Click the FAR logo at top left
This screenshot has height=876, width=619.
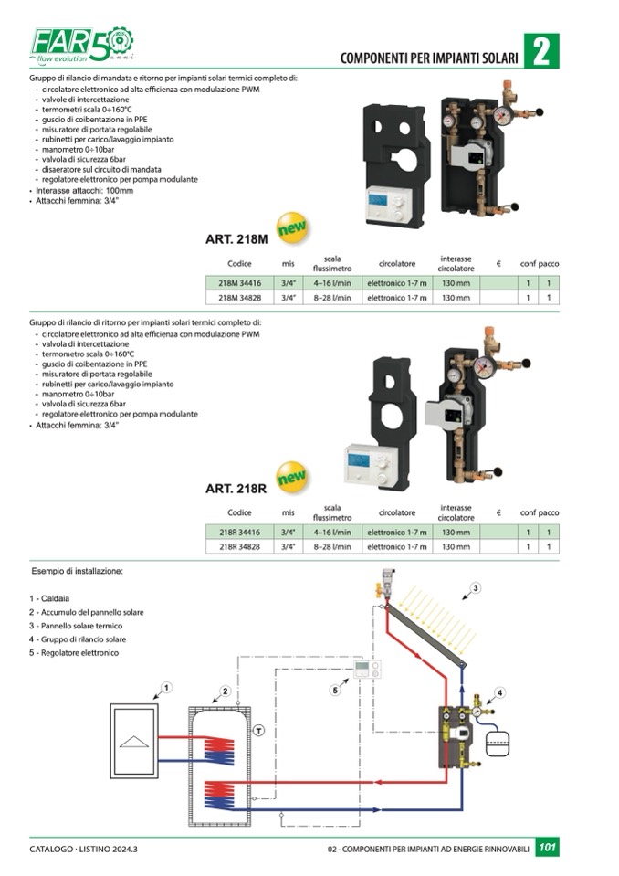click(81, 44)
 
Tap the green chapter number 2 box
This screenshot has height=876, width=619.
click(540, 51)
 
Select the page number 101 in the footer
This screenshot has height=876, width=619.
click(547, 847)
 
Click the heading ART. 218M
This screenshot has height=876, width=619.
click(236, 239)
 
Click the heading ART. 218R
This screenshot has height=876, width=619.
click(236, 489)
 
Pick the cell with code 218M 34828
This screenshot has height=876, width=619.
click(239, 298)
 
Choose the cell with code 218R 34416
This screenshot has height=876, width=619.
click(239, 533)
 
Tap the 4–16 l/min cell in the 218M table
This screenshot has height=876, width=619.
click(332, 283)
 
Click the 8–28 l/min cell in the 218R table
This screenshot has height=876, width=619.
click(332, 547)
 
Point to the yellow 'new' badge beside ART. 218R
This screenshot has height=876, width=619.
click(292, 477)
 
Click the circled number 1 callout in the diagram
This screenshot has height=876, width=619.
click(166, 687)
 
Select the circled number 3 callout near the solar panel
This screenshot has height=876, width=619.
click(475, 587)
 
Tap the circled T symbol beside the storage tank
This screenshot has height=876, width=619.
click(258, 730)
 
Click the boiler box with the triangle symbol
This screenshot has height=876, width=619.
click(134, 741)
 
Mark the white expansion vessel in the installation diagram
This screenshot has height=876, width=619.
click(497, 744)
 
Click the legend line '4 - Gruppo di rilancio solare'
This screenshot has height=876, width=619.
click(78, 639)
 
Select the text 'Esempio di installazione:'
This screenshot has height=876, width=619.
click(77, 571)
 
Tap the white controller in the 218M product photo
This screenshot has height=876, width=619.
click(390, 205)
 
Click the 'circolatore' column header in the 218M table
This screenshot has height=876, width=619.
click(397, 264)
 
